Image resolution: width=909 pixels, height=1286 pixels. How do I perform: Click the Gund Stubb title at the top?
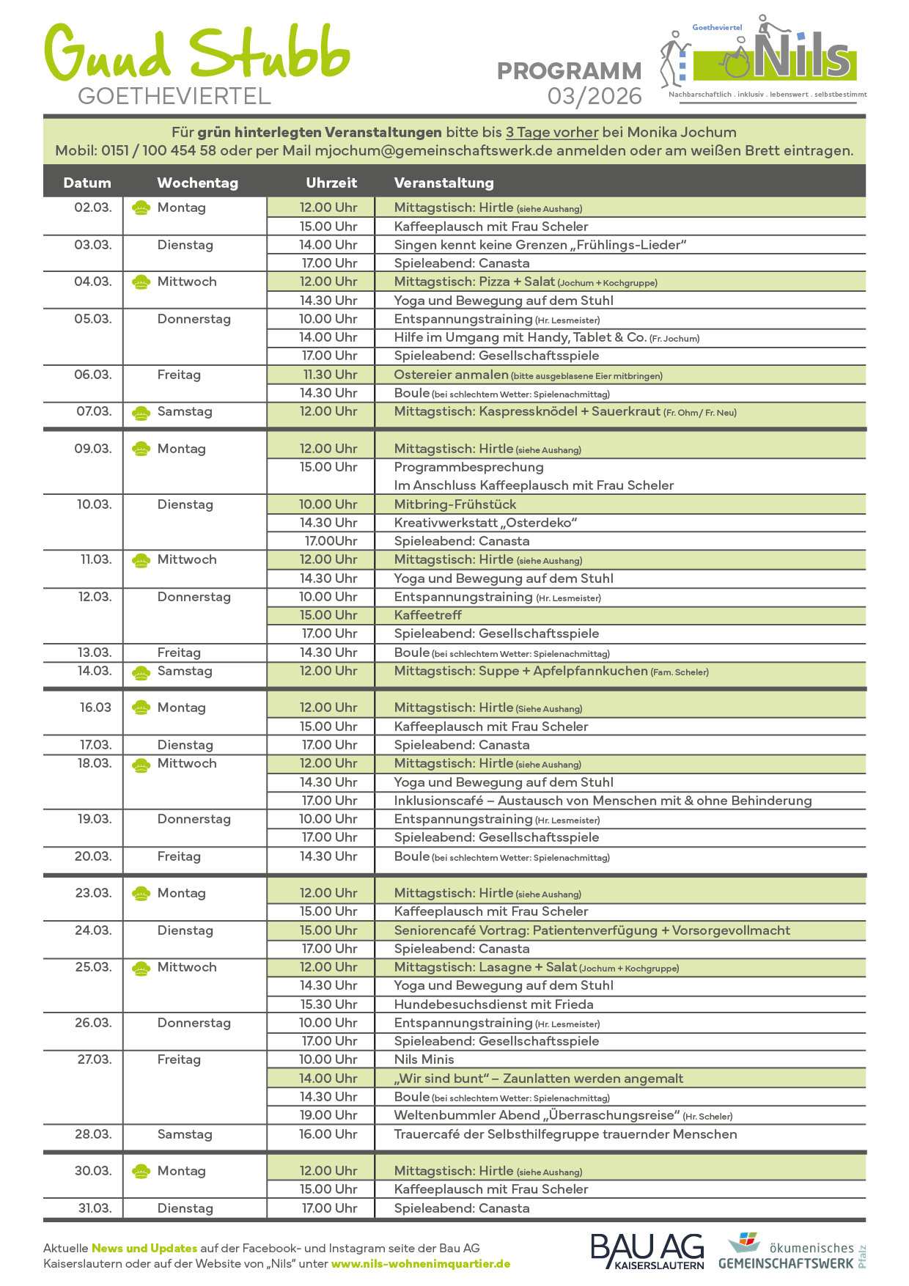pos(196,53)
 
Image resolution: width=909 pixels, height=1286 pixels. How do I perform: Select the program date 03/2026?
pos(595,96)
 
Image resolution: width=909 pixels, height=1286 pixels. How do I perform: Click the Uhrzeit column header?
pos(331,183)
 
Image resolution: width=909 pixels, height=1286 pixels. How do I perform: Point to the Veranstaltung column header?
pos(444,183)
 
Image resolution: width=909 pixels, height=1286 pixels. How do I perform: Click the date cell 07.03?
pos(94,411)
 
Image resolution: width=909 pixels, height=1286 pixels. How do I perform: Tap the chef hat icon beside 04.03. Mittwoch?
pos(141,282)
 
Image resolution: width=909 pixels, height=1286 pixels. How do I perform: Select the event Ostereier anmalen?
pos(452,375)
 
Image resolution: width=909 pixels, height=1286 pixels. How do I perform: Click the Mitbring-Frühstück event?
pos(455,504)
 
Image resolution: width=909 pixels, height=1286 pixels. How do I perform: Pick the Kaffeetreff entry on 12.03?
pos(428,615)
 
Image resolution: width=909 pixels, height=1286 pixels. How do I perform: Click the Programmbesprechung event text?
pos(468,467)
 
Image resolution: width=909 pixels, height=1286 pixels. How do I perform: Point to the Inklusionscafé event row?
pos(603,801)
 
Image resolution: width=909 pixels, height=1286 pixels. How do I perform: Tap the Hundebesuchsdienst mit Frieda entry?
pos(493,1004)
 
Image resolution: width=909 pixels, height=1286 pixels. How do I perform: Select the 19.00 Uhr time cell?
pos(328,1115)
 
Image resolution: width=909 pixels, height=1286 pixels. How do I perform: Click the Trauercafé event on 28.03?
pos(565,1134)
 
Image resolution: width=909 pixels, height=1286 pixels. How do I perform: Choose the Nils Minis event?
pos(424,1059)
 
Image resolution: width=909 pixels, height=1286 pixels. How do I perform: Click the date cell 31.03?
pos(95,1208)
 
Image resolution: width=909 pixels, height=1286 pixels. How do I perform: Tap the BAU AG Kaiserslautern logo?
pos(647,1251)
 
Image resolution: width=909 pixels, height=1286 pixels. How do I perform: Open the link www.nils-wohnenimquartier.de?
pos(421,1264)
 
